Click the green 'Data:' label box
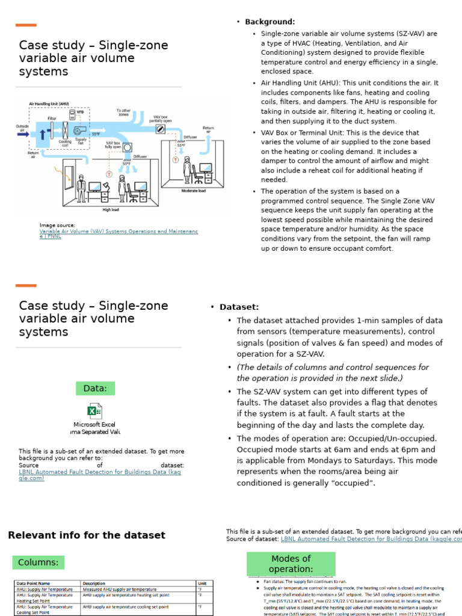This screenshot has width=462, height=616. [x=95, y=389]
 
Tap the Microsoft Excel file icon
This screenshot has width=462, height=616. [x=94, y=411]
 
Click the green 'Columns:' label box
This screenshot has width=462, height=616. [x=38, y=562]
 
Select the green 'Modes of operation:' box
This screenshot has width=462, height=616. [x=290, y=564]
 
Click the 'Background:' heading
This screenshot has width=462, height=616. [x=270, y=22]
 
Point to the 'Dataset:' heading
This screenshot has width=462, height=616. [x=239, y=307]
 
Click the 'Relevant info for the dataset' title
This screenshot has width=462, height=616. [x=87, y=535]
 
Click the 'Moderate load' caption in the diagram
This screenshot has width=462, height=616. [x=193, y=191]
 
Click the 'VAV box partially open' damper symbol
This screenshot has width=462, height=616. [x=161, y=128]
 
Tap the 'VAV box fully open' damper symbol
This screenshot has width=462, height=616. [x=127, y=147]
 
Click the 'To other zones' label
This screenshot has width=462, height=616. [x=123, y=112]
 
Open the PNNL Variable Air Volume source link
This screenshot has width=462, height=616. [x=118, y=233]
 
